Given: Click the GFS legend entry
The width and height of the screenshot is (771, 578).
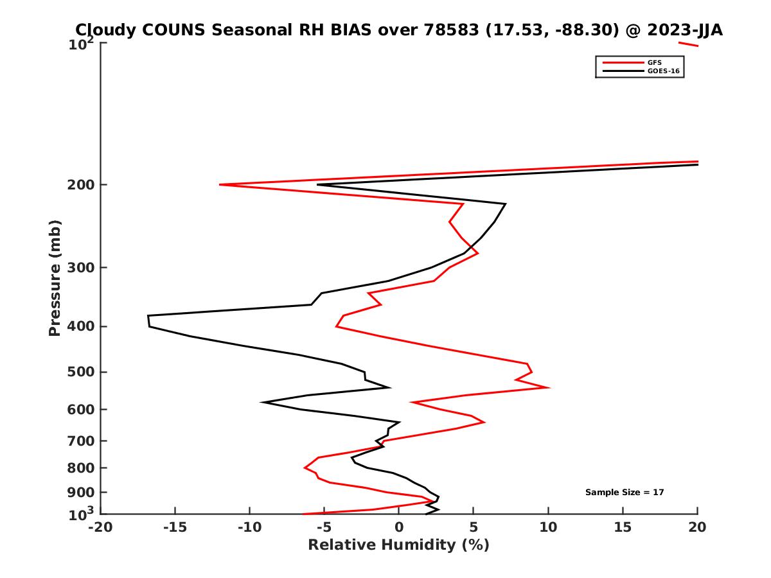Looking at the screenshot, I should point(655,62).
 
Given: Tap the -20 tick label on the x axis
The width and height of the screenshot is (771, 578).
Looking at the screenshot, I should point(100,527).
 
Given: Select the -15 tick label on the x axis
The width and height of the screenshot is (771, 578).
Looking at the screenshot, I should point(174,527).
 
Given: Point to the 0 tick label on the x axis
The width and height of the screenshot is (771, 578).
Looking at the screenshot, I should point(399,527).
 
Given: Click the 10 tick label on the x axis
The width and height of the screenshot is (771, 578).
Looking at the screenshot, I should point(548,527).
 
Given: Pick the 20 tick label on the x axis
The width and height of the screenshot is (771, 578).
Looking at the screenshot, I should point(697,527).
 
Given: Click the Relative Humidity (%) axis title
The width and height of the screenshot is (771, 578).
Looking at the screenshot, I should point(398,545).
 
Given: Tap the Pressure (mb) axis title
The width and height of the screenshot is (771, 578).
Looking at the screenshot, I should point(55,278).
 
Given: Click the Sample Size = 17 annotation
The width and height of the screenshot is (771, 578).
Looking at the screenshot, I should point(625,493).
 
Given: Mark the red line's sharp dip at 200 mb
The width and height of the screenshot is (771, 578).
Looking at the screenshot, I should point(221,185).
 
